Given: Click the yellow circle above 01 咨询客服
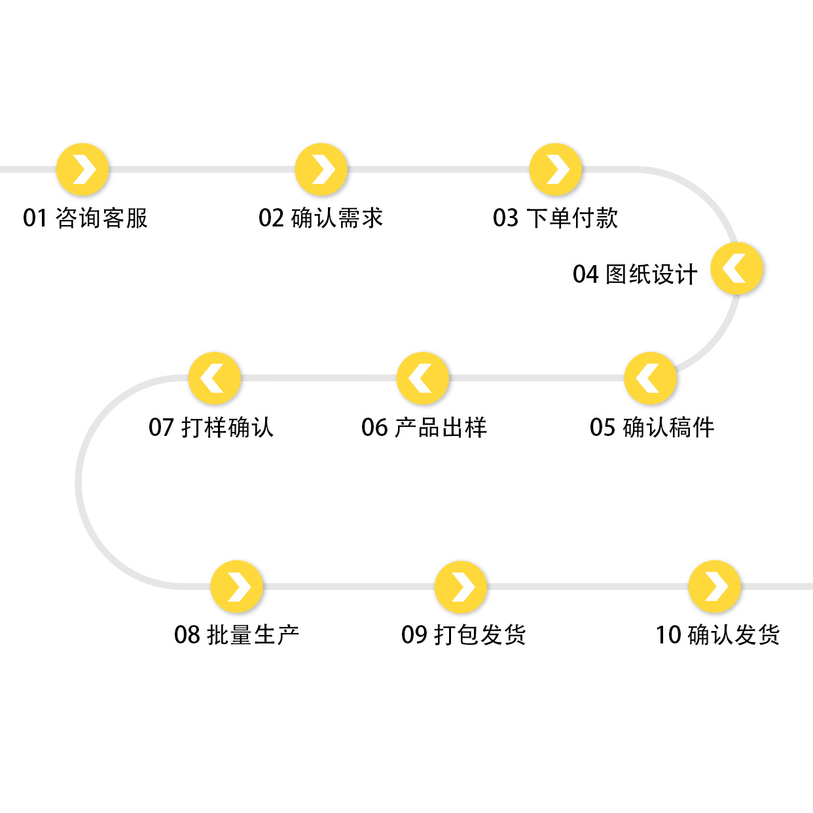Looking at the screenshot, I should click(82, 170).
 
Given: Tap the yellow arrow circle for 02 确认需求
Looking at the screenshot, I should click(321, 170).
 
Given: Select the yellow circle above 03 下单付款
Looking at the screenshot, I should click(556, 170).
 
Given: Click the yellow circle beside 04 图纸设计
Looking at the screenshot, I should click(737, 269).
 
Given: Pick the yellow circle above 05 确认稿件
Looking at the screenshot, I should click(650, 378).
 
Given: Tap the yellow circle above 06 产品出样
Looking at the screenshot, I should click(423, 378).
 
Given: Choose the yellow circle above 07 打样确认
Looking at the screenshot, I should click(215, 378).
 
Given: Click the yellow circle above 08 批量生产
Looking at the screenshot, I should click(237, 587).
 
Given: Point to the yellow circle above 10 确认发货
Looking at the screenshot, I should click(715, 587).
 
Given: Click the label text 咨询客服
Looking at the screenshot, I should click(101, 218).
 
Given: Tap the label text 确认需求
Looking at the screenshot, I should click(336, 218).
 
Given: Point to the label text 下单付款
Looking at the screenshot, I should click(571, 218).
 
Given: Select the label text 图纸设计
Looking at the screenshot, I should click(651, 274).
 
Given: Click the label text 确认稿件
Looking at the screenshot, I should click(668, 427).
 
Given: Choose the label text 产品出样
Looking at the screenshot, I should click(441, 427).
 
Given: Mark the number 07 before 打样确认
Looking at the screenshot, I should click(161, 427).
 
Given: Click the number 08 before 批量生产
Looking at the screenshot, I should click(187, 635).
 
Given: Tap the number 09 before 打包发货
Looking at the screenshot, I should click(414, 635).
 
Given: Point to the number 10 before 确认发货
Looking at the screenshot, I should click(668, 635).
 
